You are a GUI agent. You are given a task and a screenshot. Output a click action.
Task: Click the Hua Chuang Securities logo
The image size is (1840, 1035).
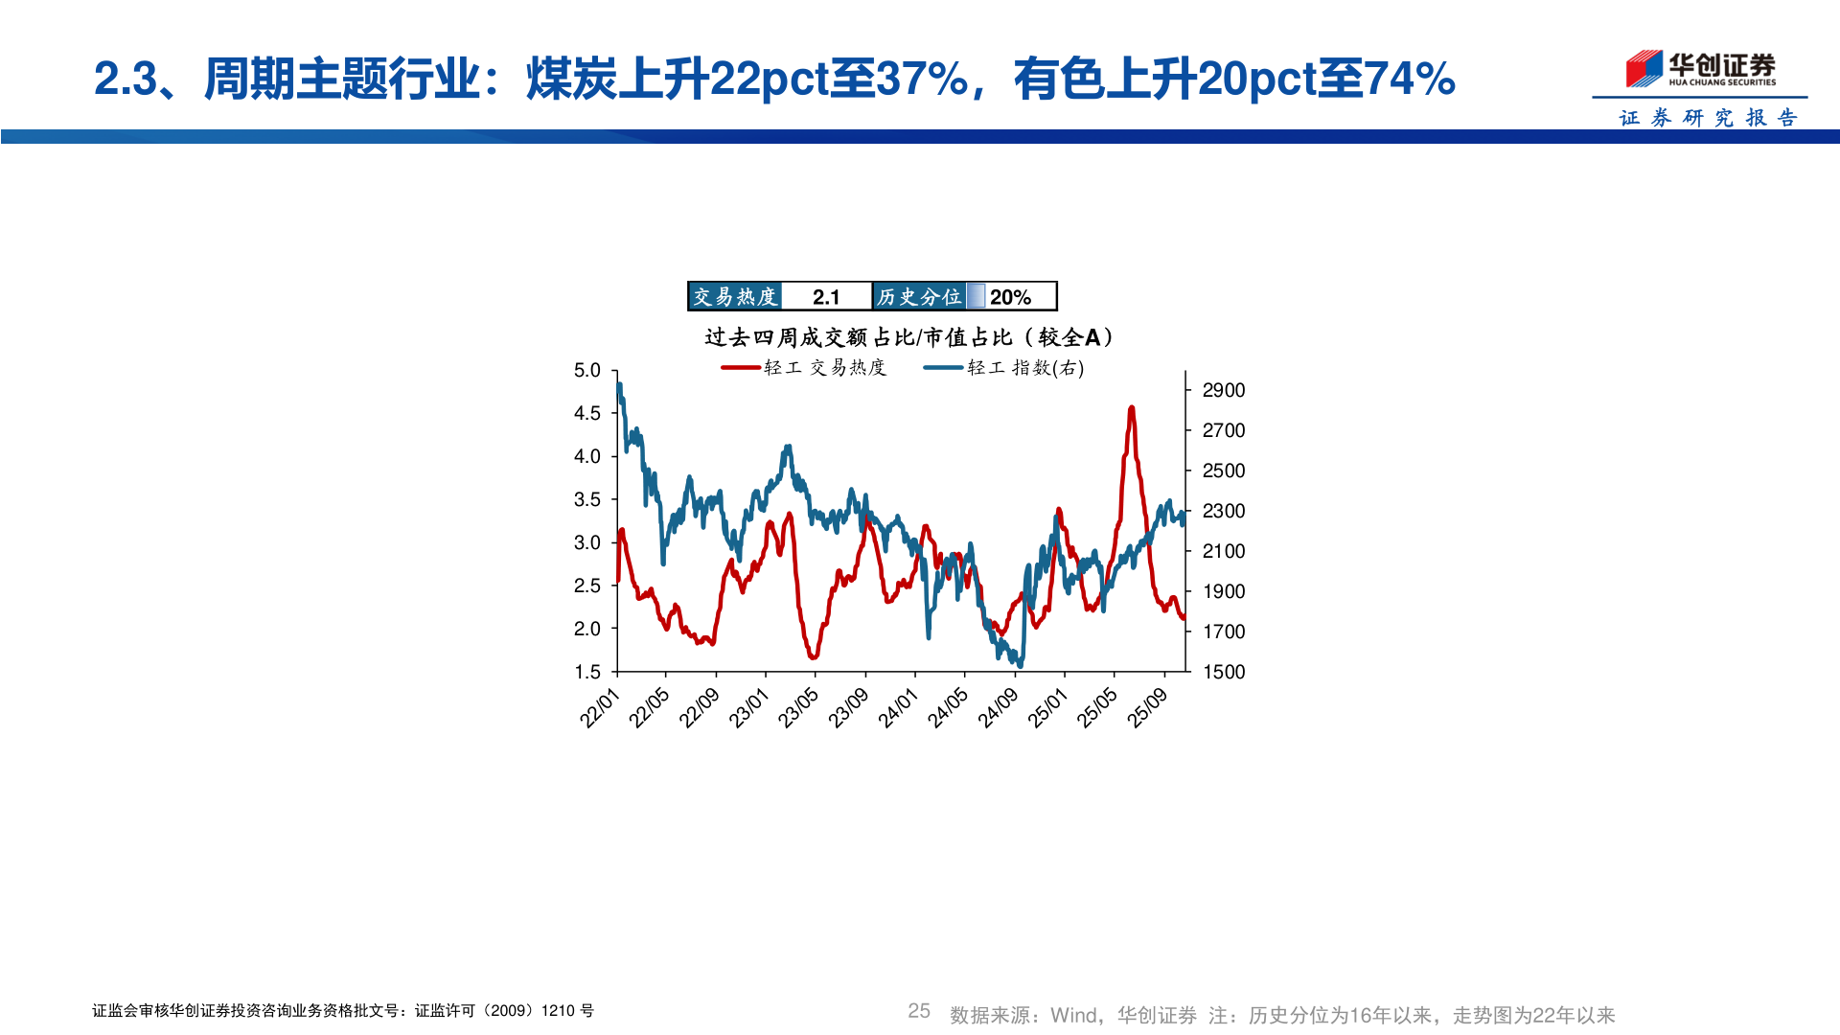coord(1700,69)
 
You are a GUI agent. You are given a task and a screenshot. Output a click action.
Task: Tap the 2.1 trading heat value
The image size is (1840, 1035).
coord(826,297)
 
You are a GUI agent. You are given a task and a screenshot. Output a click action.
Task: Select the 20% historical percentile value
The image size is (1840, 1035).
coord(1010,297)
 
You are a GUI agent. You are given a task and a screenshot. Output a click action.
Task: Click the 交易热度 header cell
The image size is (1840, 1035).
coord(735,297)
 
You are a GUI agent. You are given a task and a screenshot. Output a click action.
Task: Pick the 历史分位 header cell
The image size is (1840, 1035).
coord(919,297)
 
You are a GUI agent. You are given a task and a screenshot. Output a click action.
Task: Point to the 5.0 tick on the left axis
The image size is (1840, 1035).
coord(586,371)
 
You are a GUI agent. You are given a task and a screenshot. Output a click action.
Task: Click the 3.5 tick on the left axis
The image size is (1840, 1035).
coord(586,499)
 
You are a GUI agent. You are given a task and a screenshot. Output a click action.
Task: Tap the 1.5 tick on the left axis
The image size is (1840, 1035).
coord(586,672)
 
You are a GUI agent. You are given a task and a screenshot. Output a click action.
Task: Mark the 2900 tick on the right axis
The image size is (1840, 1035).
coord(1224,390)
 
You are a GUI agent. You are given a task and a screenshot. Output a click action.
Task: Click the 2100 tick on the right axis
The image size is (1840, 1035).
coord(1224,551)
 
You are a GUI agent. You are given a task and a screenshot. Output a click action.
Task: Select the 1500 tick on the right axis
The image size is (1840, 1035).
coord(1224,672)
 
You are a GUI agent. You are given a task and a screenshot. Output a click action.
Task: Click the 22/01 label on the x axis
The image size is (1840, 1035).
coord(600,708)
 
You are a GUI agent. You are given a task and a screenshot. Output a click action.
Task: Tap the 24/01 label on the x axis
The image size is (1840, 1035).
coord(899,708)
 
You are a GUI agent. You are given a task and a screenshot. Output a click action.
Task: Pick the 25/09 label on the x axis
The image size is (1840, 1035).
coord(1147,708)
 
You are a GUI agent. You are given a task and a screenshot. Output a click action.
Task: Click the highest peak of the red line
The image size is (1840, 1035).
coord(1132,408)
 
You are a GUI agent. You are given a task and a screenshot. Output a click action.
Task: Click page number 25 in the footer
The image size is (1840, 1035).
coord(919,1011)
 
